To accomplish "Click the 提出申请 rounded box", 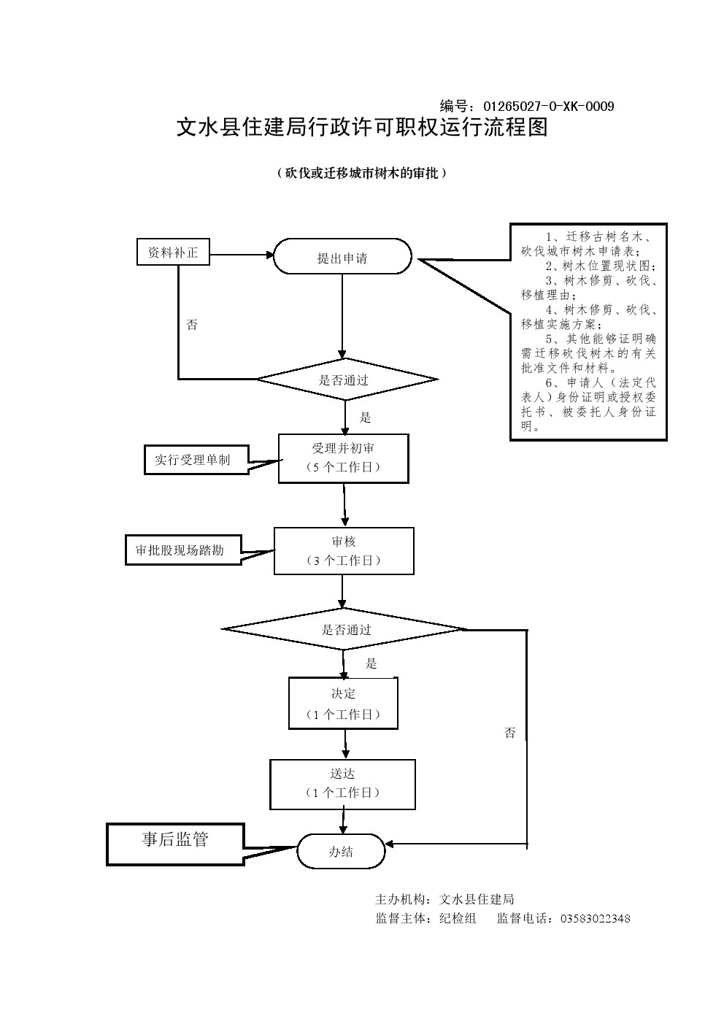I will pyautogui.click(x=342, y=257).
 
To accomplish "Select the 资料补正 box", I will pyautogui.click(x=173, y=253).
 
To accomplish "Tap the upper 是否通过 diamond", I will pyautogui.click(x=345, y=380).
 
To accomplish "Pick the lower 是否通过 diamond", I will pyautogui.click(x=346, y=629).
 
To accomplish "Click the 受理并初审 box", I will pyautogui.click(x=343, y=458).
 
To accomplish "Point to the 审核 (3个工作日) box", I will pyautogui.click(x=344, y=551).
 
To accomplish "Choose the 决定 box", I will pyautogui.click(x=343, y=704).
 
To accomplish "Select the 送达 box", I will pyautogui.click(x=342, y=784).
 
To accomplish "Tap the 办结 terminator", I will pyautogui.click(x=341, y=851).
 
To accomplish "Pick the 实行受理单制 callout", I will pyautogui.click(x=193, y=460).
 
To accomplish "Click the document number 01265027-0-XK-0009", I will pyautogui.click(x=548, y=107).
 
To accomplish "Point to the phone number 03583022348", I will pyautogui.click(x=595, y=918).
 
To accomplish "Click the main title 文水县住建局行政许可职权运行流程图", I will pyautogui.click(x=362, y=128).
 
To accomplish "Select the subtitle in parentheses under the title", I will pyautogui.click(x=362, y=173).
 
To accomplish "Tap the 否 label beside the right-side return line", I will pyautogui.click(x=509, y=733).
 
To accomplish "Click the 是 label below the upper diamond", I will pyautogui.click(x=366, y=417).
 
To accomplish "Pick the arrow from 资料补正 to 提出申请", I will pyautogui.click(x=241, y=255).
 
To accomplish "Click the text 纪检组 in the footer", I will pyautogui.click(x=458, y=918).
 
